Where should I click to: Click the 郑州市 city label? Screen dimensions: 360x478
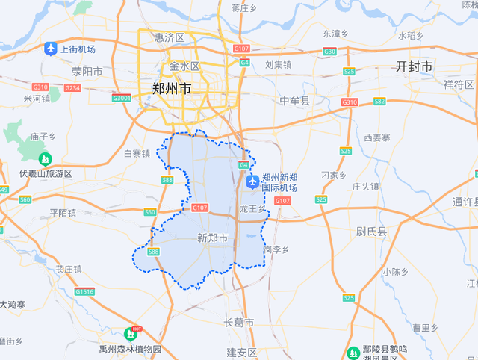(x=172, y=88)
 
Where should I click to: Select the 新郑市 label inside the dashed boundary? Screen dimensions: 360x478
(x=212, y=238)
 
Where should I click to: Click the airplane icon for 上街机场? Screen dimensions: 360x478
(x=51, y=49)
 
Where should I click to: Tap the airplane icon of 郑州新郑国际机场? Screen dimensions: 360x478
(x=252, y=181)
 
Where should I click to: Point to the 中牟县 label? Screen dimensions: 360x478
(x=294, y=101)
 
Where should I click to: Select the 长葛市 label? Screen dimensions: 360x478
(x=239, y=323)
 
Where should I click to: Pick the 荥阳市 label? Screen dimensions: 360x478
(x=87, y=72)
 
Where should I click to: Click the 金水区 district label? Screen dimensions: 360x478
(x=184, y=66)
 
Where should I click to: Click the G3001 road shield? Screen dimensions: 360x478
(x=121, y=98)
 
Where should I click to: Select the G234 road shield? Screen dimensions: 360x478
(x=72, y=88)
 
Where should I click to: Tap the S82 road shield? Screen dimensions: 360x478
(x=379, y=102)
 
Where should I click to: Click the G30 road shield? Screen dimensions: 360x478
(x=330, y=52)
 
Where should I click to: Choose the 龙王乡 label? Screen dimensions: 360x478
(x=252, y=210)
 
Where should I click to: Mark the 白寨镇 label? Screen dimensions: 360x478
(x=137, y=153)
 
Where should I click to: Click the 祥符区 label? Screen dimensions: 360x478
(x=459, y=84)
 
